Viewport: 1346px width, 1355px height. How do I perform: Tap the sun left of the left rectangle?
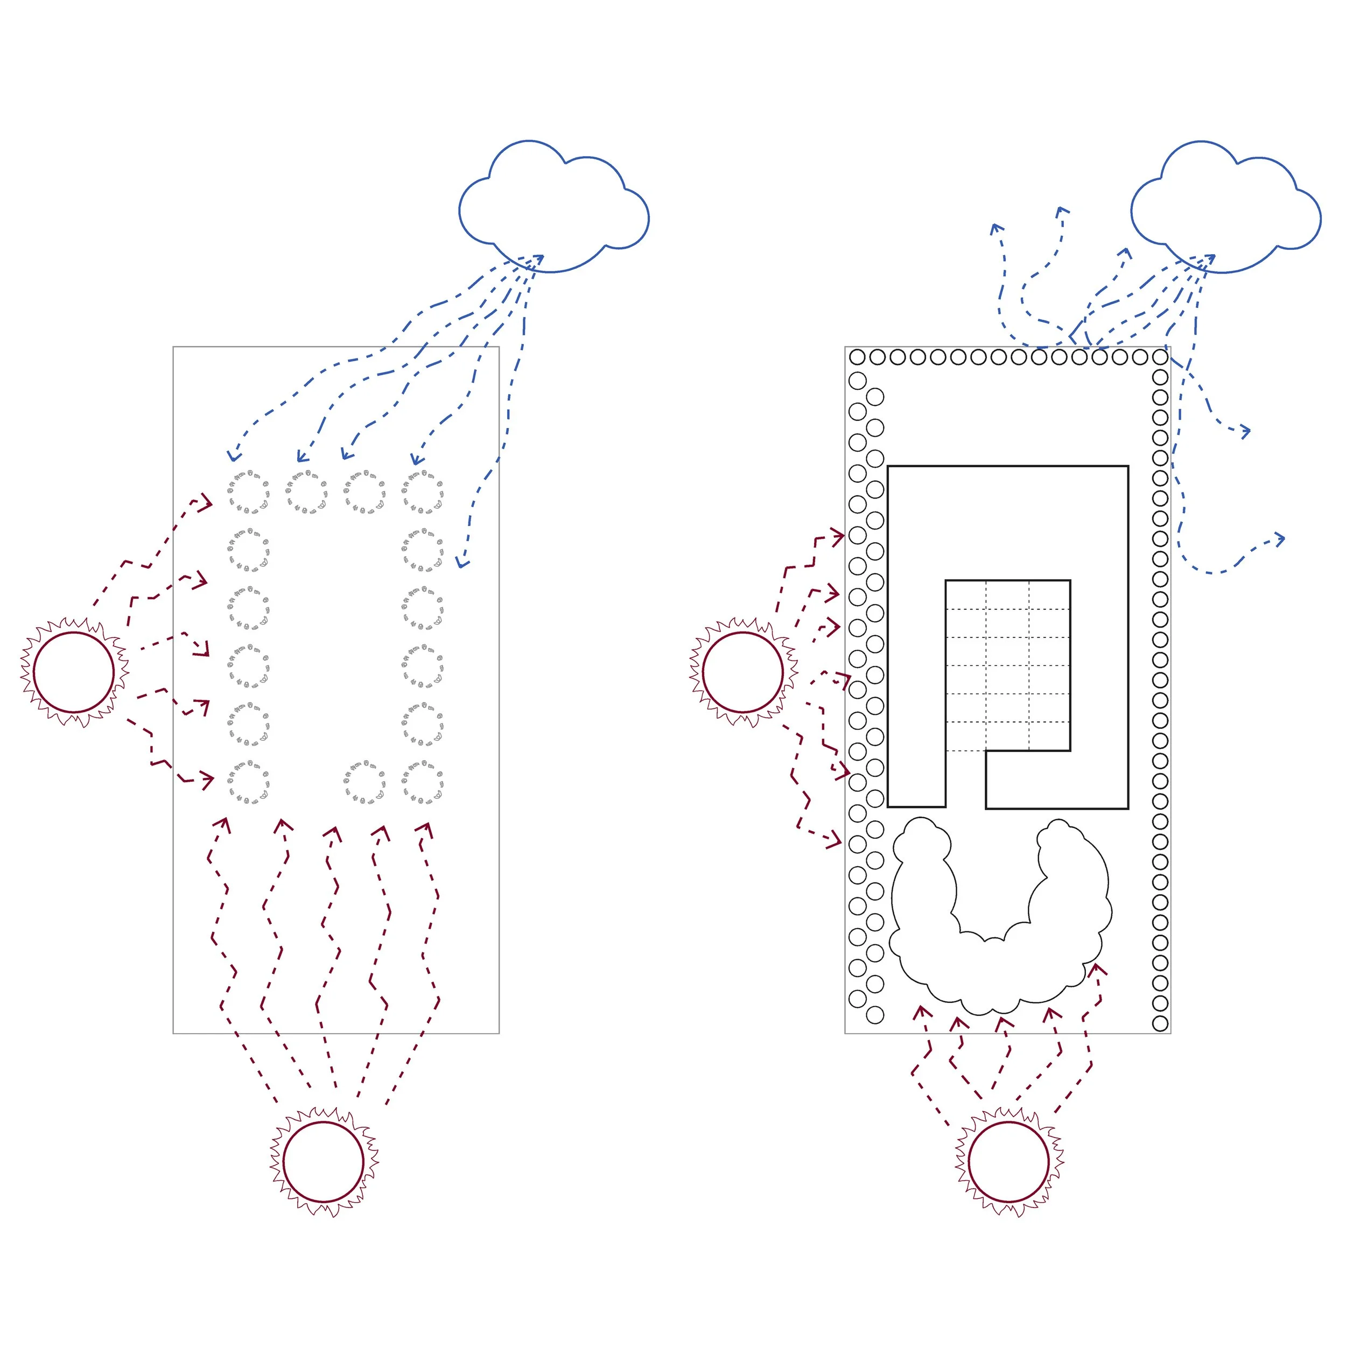(x=74, y=672)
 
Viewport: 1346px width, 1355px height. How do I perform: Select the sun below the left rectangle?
(x=324, y=1162)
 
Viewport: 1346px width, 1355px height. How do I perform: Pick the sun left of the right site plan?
(x=743, y=672)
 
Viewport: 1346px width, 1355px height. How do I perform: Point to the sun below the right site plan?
(x=1008, y=1162)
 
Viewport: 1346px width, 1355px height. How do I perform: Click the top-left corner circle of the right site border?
(x=857, y=357)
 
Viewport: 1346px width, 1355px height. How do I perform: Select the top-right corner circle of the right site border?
(x=1160, y=357)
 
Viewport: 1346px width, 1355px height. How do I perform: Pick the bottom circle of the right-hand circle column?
(x=1160, y=1023)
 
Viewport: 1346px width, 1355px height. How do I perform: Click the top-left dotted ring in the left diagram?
(x=248, y=493)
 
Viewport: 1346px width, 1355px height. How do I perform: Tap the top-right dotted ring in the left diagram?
(x=422, y=493)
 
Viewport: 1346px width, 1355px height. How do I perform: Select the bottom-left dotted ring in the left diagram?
(x=248, y=783)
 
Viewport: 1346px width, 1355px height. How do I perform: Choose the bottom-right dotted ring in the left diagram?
(x=422, y=783)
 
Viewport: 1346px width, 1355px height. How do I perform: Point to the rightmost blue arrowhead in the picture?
(x=1280, y=539)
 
